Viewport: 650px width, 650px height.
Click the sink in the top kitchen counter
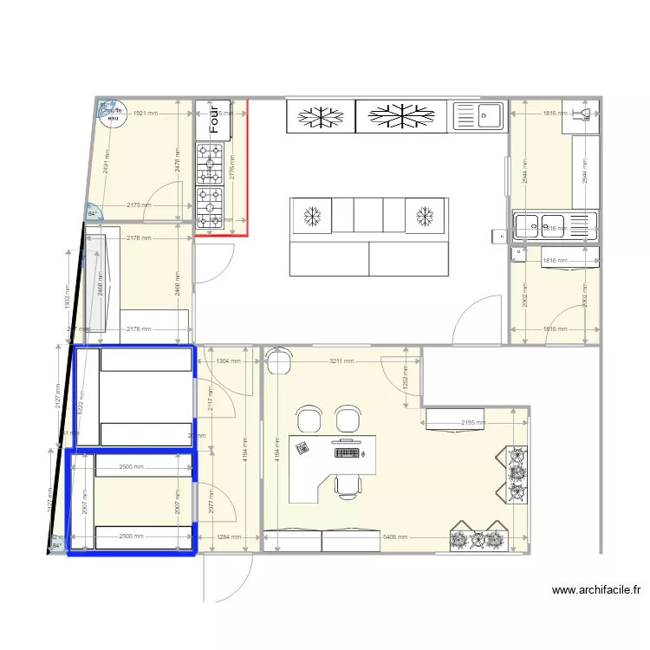[x=478, y=116]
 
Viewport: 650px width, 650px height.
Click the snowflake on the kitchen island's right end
[x=425, y=215]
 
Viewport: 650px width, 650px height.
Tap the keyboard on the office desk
[x=348, y=452]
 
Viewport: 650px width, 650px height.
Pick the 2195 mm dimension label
[x=473, y=423]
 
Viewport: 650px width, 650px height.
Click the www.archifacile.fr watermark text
[x=596, y=591]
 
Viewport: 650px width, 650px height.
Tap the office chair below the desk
[x=348, y=486]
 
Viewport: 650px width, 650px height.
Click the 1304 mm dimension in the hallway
[x=228, y=361]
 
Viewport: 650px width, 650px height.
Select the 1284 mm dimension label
[x=228, y=537]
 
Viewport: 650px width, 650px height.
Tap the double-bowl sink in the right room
[x=539, y=226]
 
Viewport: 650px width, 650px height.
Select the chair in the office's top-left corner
[x=279, y=360]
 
